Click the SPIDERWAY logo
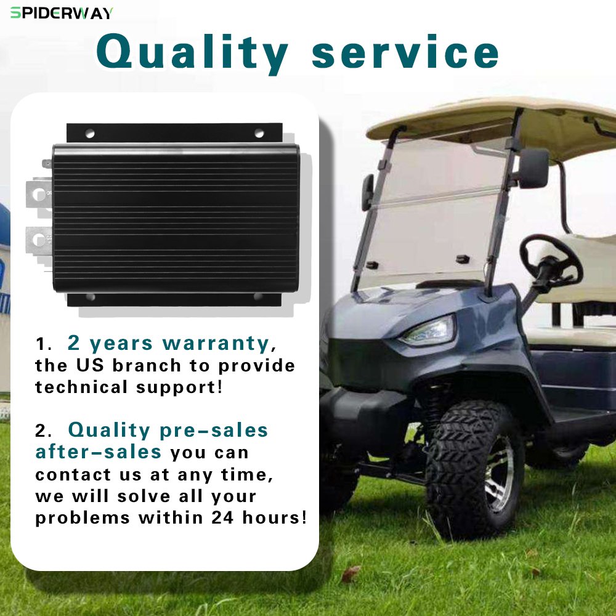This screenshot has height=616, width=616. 62,13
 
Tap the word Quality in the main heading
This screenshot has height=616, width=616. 192,54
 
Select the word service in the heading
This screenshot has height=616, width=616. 405,52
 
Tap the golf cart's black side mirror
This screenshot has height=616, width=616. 533,168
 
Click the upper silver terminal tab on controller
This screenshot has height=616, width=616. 38,193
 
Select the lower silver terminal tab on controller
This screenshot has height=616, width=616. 38,240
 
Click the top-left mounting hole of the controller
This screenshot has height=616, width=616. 90,134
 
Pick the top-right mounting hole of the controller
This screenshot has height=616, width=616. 259,133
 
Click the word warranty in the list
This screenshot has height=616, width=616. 216,343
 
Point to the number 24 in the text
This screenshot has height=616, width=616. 222,517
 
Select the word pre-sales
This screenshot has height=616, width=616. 214,431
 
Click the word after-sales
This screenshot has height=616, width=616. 98,452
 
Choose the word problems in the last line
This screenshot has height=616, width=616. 83,518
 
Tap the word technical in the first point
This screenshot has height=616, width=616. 81,387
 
